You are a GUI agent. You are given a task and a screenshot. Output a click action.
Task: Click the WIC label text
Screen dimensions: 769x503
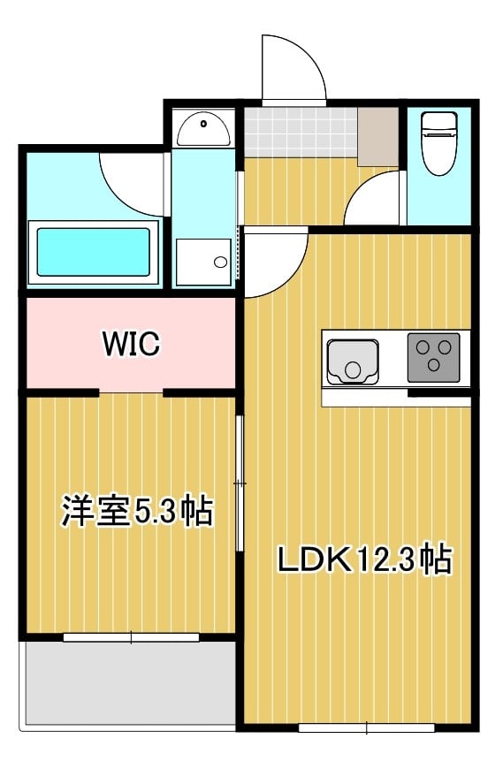tap(131, 343)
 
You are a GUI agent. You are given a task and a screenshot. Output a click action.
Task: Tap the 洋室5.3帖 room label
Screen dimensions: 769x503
tap(136, 512)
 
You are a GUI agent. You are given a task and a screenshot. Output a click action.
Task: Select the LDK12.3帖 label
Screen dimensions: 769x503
tap(363, 560)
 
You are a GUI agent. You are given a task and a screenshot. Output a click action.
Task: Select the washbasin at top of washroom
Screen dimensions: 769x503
tap(203, 131)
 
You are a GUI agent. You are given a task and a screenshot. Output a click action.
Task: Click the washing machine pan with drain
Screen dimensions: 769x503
tap(203, 262)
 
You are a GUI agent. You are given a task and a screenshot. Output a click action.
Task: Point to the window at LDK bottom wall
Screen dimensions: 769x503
tap(366, 728)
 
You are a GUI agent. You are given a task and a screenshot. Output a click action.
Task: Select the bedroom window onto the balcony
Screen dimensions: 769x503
tap(131, 636)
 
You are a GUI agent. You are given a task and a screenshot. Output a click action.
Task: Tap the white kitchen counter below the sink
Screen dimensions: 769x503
tap(395, 399)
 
